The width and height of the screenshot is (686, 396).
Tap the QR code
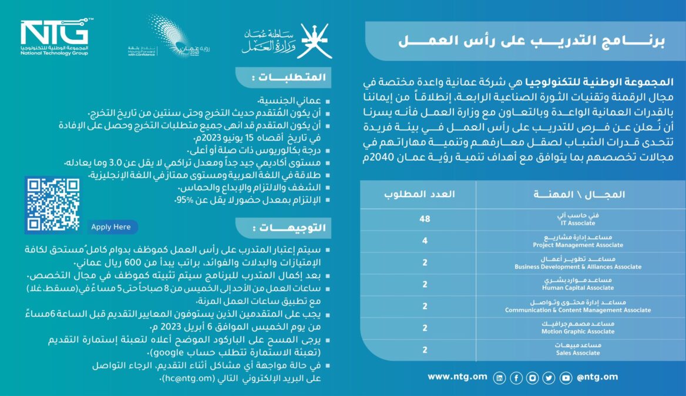pyautogui.click(x=52, y=204)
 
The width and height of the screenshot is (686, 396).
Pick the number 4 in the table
pyautogui.click(x=425, y=241)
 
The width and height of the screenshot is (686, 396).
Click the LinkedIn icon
pyautogui.click(x=500, y=378)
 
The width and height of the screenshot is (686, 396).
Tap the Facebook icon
pyautogui.click(x=516, y=378)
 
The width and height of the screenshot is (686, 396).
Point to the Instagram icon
pyautogui.click(x=533, y=378)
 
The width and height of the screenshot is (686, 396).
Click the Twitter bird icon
pyautogui.click(x=549, y=378)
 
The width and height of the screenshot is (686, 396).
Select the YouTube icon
pyautogui.click(x=566, y=378)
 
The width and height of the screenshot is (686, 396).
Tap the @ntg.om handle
pyautogui.click(x=597, y=377)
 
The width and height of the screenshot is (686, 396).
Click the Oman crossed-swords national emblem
pyautogui.click(x=315, y=40)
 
